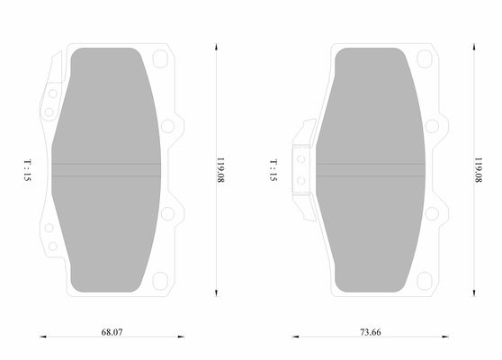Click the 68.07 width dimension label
(112, 332)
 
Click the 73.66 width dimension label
(371, 332)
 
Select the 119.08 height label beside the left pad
(220, 170)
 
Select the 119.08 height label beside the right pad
(479, 170)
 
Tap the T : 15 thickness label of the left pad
(28, 170)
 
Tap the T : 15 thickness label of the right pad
(273, 170)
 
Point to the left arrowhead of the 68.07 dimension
(43, 337)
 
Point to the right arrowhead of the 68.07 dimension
(181, 337)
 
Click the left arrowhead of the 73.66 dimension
(295, 337)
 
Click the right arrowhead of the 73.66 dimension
(445, 337)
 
